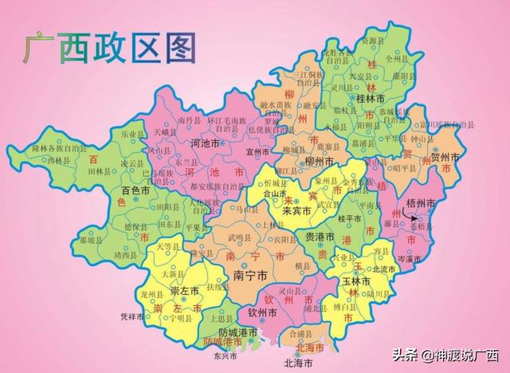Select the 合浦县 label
point(301,335)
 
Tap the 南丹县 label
point(188,120)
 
